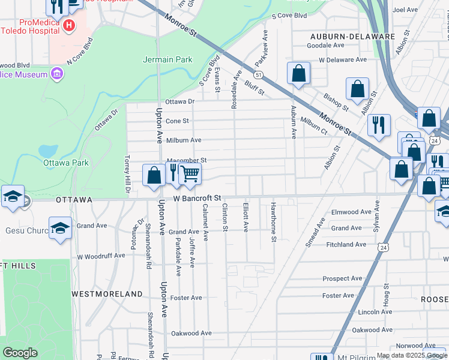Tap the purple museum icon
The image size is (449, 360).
pyautogui.click(x=57, y=74)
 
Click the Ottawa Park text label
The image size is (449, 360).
pyautogui.click(x=65, y=163)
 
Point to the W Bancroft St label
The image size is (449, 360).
pyautogui.click(x=197, y=197)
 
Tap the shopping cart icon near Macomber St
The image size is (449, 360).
pyautogui.click(x=190, y=174)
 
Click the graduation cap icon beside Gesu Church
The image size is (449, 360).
pyautogui.click(x=60, y=228)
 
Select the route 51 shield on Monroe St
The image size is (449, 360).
pyautogui.click(x=258, y=75)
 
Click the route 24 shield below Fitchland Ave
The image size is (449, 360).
pyautogui.click(x=382, y=247)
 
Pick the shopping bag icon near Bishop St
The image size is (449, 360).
pyautogui.click(x=357, y=89)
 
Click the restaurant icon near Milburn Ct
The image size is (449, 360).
pyautogui.click(x=378, y=124)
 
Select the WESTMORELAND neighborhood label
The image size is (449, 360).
pyautogui.click(x=107, y=294)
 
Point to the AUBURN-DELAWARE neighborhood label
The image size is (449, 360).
pyautogui.click(x=360, y=37)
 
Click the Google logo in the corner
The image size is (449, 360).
pyautogui.click(x=20, y=353)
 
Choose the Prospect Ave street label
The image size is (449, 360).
pyautogui.click(x=342, y=278)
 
